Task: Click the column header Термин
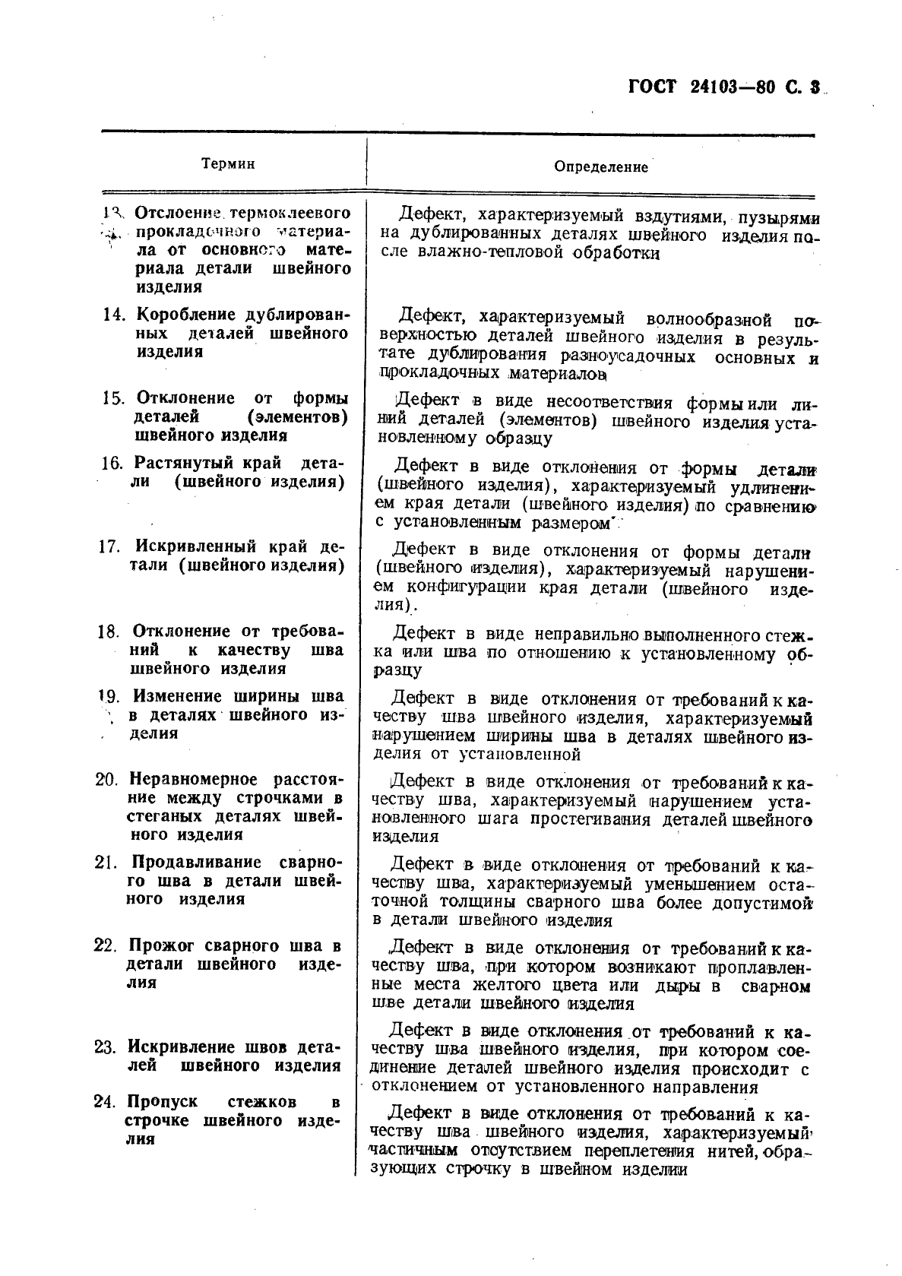tap(228, 164)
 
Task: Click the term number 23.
tap(106, 1047)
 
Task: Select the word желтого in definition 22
tap(505, 986)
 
